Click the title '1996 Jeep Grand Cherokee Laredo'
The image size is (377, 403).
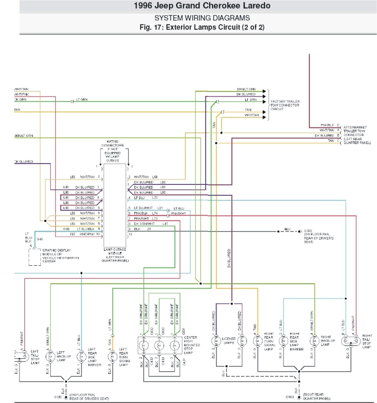tap(202, 6)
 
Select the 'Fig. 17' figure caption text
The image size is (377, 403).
tap(202, 27)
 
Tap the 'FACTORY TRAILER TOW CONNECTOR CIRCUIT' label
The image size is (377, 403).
tap(285, 105)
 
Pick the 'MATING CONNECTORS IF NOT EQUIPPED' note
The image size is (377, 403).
tap(112, 151)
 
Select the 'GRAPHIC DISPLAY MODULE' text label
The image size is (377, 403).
tap(60, 256)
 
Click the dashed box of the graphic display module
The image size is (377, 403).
tap(34, 257)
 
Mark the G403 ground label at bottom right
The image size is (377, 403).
tap(290, 397)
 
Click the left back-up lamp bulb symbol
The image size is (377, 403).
tap(50, 357)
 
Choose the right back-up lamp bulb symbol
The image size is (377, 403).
tap(314, 341)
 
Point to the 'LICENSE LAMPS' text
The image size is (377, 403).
tap(229, 341)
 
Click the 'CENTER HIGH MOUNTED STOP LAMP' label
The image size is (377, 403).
tap(192, 345)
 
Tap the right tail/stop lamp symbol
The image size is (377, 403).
tap(351, 341)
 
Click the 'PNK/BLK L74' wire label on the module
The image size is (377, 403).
tap(146, 213)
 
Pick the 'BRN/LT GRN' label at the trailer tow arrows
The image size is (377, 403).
tap(246, 89)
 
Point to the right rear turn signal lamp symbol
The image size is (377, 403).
tap(258, 341)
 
